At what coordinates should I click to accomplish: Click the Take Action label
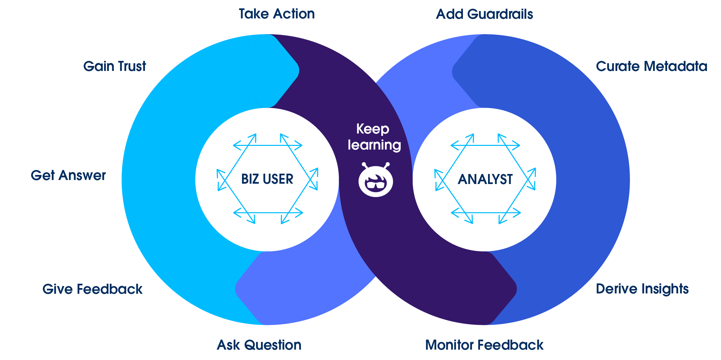pos(276,14)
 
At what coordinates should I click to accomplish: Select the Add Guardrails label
pos(484,14)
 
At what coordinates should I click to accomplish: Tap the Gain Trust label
pos(114,66)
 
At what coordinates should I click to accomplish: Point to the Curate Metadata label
pos(651,66)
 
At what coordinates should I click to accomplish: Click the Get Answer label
pos(68,175)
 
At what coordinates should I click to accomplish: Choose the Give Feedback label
pos(92,289)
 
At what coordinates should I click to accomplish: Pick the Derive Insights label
pos(642,289)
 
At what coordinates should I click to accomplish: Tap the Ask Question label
pos(259,345)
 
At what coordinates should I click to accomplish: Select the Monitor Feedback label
pos(484,345)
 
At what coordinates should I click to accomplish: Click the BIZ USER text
pos(267,179)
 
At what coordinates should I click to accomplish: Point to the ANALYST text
pos(485,179)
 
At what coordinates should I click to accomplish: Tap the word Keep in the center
pos(373,129)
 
